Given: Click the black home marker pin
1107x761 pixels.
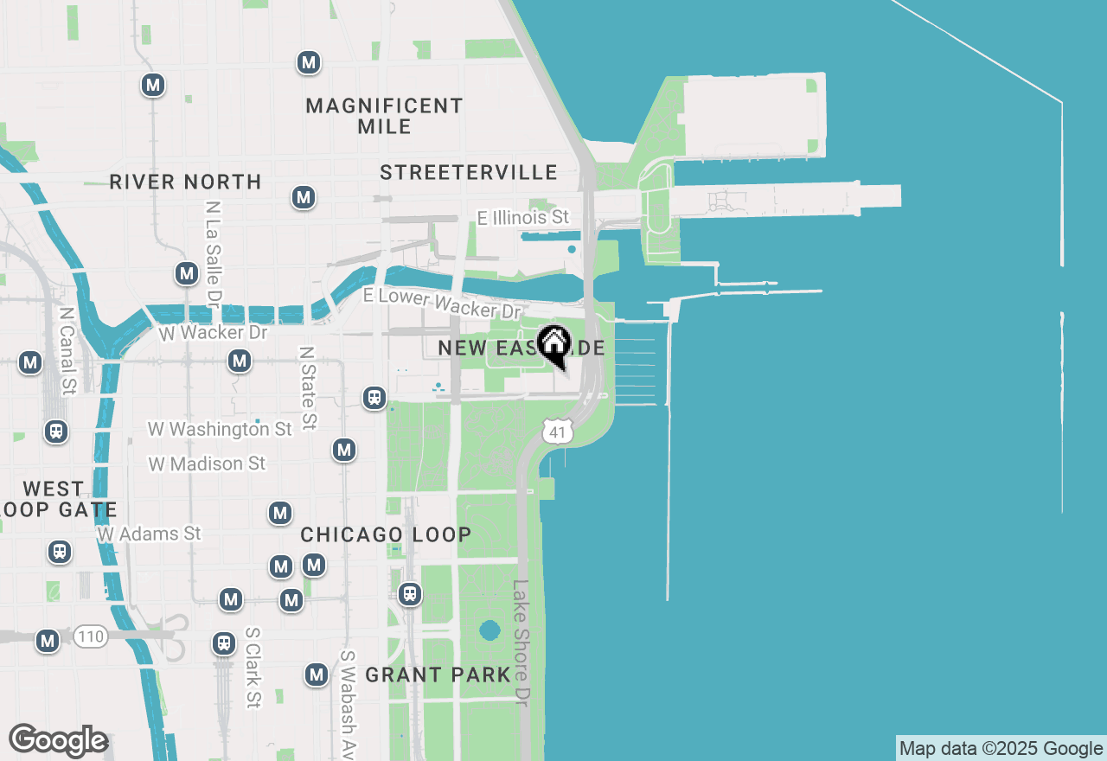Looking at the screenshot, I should tap(553, 345).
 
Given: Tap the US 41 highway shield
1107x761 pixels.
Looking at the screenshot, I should tap(559, 431).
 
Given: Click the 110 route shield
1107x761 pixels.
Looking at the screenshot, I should tap(90, 637).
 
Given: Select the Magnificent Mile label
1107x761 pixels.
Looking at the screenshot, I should tap(385, 116).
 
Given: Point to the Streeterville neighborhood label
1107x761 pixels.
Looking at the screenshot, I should tap(469, 172).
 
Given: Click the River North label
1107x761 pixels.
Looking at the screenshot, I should tap(185, 182).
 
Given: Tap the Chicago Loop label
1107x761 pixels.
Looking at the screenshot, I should tap(386, 534).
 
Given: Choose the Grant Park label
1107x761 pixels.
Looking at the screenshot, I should tap(438, 675).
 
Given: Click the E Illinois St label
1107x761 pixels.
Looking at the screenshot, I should tap(524, 217).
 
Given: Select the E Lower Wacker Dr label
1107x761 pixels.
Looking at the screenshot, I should tap(442, 303).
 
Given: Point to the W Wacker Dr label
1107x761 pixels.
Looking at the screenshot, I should tap(214, 333).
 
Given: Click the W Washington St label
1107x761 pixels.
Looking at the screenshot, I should tap(220, 429).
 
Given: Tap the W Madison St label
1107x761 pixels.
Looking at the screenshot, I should tap(207, 464).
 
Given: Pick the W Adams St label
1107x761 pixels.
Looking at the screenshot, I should tap(149, 534).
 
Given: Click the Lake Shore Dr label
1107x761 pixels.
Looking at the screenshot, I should tap(520, 643).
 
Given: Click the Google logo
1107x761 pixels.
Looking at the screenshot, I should tap(58, 740).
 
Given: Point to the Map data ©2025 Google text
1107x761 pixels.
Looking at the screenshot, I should tap(1001, 749).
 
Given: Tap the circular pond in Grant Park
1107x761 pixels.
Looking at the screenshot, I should tap(490, 629).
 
